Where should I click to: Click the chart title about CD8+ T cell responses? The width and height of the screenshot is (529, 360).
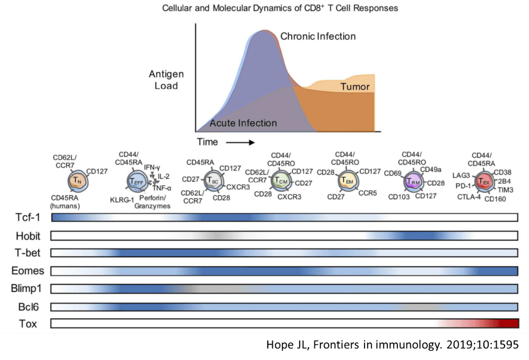coord(280,8)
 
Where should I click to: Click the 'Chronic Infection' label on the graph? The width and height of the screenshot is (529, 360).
coord(318,36)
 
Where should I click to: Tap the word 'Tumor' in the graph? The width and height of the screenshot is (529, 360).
coord(355,87)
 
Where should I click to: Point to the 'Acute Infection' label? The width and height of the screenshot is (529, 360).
coord(243,123)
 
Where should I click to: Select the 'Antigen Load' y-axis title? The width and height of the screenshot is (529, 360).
coord(166,80)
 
